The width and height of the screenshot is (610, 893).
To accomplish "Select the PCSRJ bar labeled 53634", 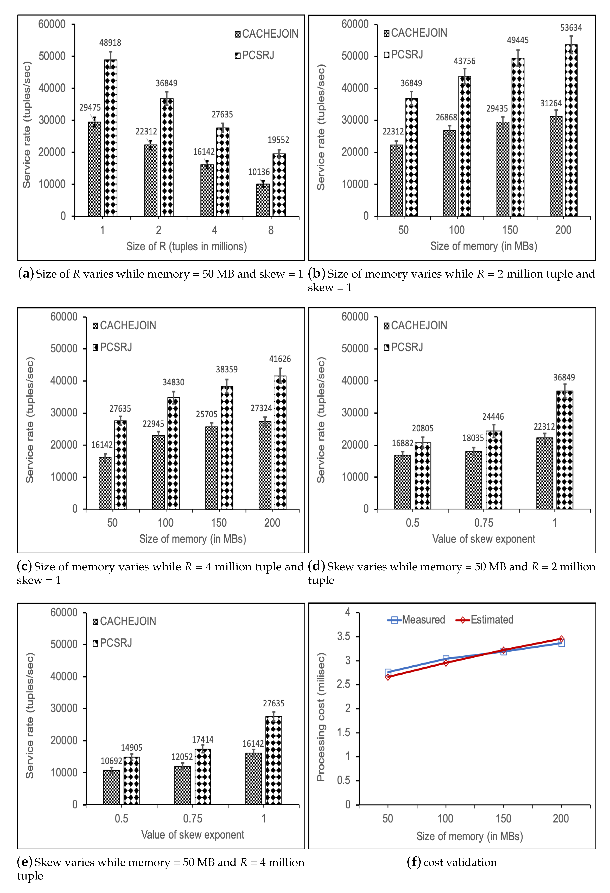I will (x=571, y=131).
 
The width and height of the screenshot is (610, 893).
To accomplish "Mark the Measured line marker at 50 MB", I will (x=388, y=672).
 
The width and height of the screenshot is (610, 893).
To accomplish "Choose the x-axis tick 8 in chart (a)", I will (x=271, y=230).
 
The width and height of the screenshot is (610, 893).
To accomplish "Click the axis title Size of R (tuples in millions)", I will (x=187, y=246).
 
